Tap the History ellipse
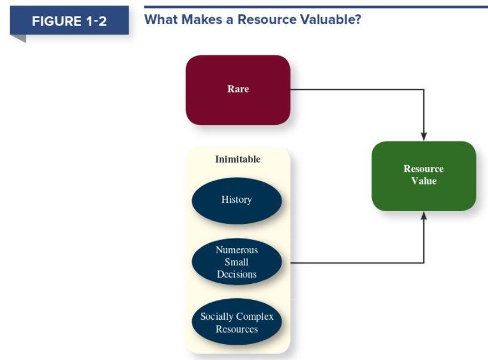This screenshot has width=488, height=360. click(x=237, y=200)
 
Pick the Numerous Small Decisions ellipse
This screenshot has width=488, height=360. click(x=237, y=262)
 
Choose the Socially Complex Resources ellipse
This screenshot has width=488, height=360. click(x=237, y=323)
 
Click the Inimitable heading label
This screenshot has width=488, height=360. click(x=238, y=159)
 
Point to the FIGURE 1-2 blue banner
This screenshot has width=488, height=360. click(x=69, y=22)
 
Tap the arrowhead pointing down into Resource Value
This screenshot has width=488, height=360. click(x=423, y=136)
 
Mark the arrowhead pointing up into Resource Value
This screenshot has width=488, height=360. click(x=423, y=216)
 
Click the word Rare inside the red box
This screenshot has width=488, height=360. click(x=238, y=89)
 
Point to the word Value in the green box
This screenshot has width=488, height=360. click(x=424, y=181)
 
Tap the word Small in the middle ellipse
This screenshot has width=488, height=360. click(x=237, y=262)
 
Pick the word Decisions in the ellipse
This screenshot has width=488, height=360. click(x=237, y=274)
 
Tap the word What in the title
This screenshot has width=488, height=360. click(x=161, y=19)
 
